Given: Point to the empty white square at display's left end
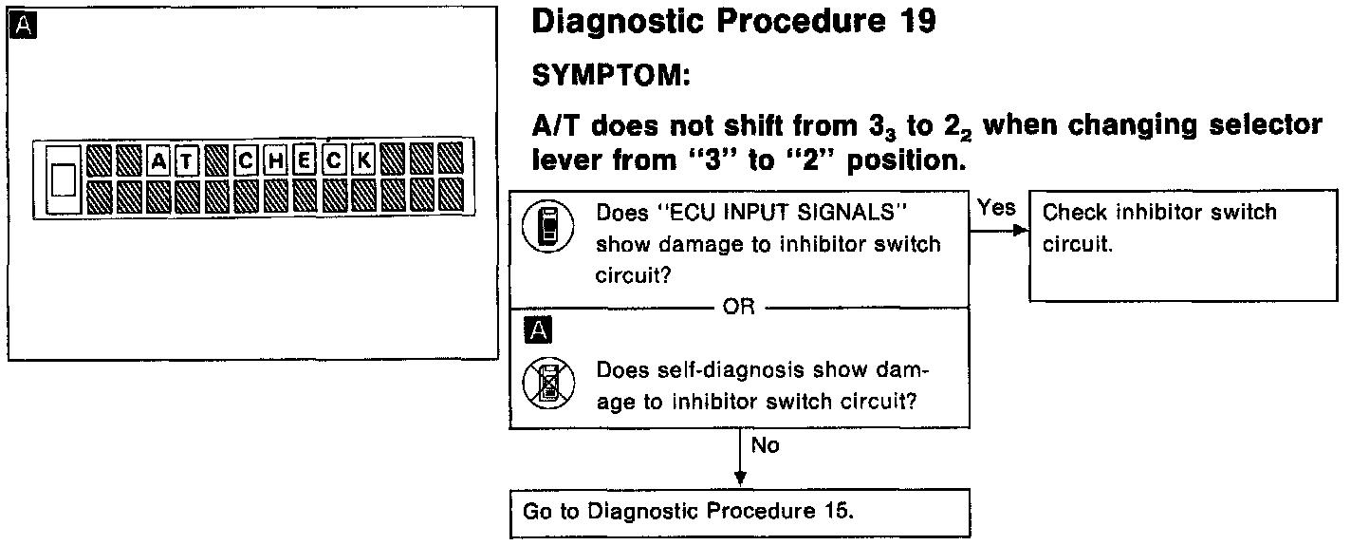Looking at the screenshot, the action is (63, 178).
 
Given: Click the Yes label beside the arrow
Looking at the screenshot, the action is (996, 208).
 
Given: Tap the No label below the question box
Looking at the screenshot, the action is (765, 445).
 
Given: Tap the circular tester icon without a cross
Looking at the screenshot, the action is (544, 230).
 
